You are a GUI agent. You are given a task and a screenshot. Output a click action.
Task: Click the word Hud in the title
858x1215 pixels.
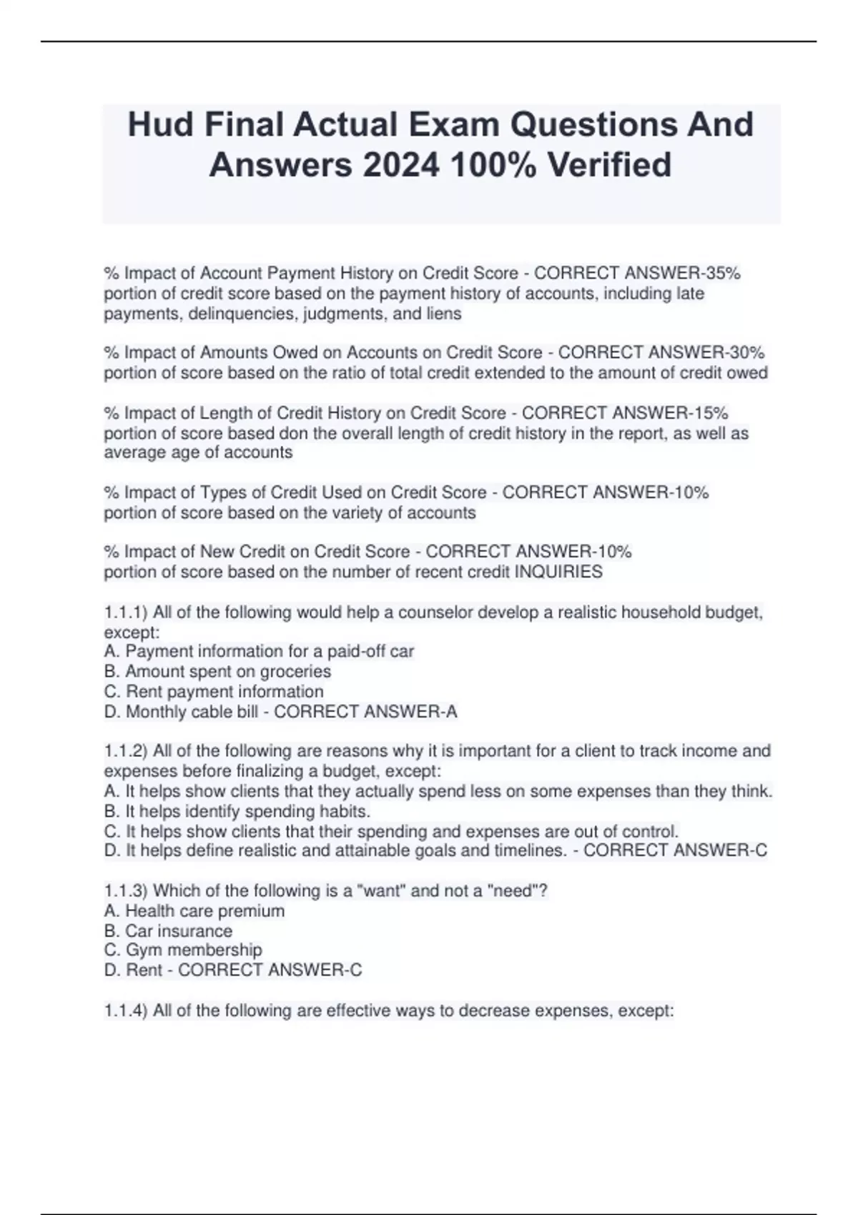tap(159, 124)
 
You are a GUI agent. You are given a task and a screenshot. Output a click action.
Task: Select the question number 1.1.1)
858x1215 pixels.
tap(125, 613)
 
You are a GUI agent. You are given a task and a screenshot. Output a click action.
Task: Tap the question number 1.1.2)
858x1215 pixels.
tap(125, 751)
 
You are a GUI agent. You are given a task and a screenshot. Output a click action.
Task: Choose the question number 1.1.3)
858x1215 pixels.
tap(125, 891)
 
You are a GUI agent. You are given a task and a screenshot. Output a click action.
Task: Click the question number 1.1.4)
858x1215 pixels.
tap(125, 1011)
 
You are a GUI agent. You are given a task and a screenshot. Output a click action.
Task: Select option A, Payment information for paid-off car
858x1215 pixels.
tap(259, 651)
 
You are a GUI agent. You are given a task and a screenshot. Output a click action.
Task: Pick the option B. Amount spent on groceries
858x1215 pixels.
tap(217, 671)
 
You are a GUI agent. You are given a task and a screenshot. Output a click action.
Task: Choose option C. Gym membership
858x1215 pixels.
tap(183, 950)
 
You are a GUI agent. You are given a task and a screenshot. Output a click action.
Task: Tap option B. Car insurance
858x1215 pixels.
tap(168, 931)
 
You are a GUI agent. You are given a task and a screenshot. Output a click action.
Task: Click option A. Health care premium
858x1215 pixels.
tap(194, 911)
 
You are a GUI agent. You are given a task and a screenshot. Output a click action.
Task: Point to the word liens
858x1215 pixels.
tap(443, 314)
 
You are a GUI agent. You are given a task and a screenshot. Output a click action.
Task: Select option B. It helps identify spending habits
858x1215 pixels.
tap(237, 811)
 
